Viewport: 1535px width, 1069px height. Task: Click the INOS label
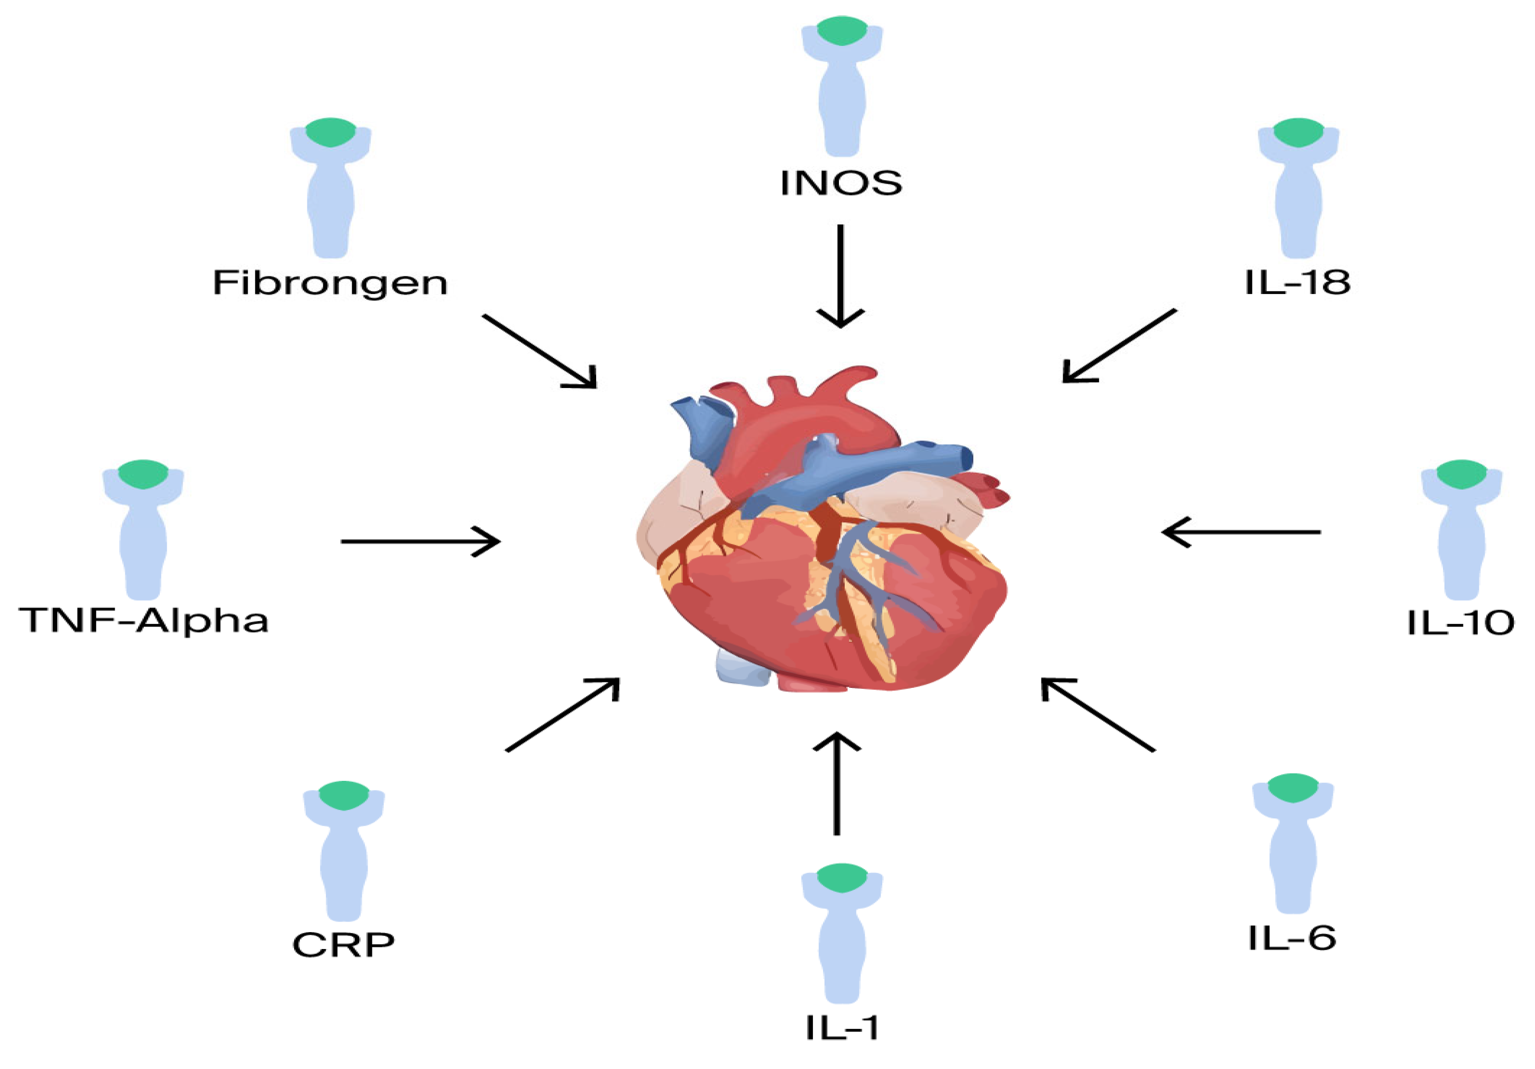tap(841, 182)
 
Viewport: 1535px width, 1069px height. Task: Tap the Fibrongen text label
tap(330, 283)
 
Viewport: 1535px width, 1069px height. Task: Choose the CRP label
tap(344, 945)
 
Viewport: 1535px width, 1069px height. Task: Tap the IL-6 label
tap(1292, 938)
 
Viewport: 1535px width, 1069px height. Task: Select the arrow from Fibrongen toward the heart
tap(539, 351)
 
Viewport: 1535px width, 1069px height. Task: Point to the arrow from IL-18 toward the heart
tap(1119, 346)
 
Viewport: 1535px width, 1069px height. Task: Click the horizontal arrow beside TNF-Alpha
tap(420, 541)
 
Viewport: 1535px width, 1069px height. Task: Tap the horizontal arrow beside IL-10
tap(1241, 532)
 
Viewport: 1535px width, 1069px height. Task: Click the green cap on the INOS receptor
tap(842, 31)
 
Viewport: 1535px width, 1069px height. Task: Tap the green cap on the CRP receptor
tap(344, 795)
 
